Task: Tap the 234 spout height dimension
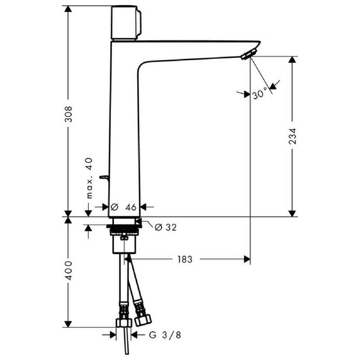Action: pos(292,136)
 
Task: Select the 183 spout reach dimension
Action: pos(185,260)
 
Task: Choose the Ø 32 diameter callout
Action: pos(166,227)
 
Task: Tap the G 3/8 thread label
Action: pos(165,335)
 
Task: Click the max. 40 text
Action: pos(90,178)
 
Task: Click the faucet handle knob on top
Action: pos(126,23)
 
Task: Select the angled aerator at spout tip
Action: pos(249,54)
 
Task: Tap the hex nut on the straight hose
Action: pos(124,322)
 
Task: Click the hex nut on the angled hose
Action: pos(143,320)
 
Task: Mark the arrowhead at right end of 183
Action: pos(247,260)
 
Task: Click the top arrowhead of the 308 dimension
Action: pos(68,9)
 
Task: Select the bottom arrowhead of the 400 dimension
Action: pos(68,324)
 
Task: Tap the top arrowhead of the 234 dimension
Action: pos(292,60)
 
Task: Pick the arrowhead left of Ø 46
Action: pos(105,207)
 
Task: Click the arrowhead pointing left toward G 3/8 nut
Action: pos(134,335)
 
